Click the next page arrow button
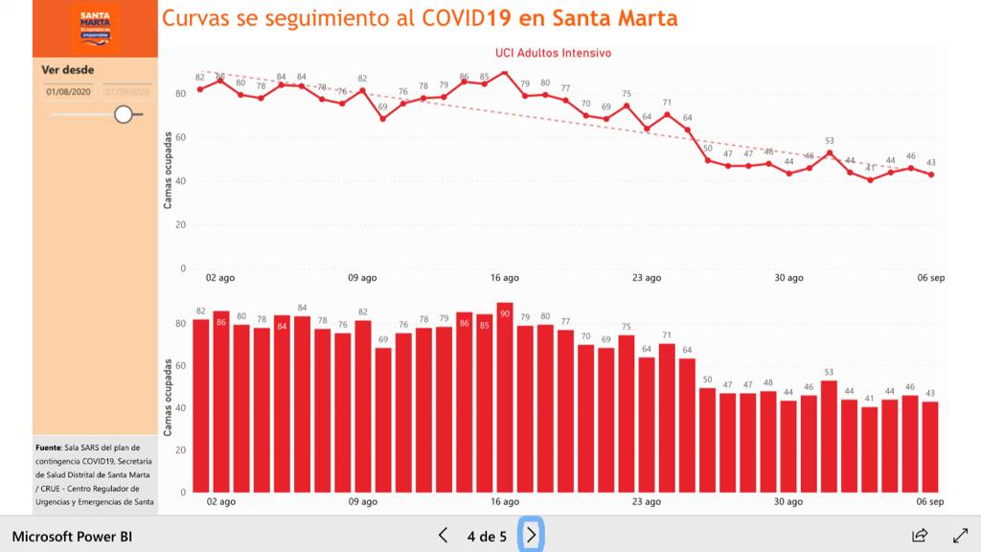(532, 535)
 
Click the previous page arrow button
(443, 535)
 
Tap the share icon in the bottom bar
(920, 535)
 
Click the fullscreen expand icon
(960, 535)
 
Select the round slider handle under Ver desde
(123, 114)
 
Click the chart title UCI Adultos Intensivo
(553, 54)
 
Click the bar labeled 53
(830, 436)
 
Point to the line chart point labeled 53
(830, 152)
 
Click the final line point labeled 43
(931, 174)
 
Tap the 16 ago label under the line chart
(505, 278)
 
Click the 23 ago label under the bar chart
(647, 501)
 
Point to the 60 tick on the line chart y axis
(180, 137)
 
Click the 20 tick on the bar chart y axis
(180, 450)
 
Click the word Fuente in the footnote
(48, 448)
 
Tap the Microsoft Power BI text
(72, 536)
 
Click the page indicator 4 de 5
(487, 536)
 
